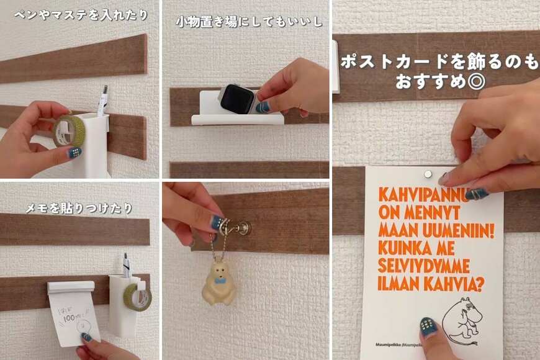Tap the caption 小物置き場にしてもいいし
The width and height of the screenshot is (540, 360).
pyautogui.click(x=248, y=22)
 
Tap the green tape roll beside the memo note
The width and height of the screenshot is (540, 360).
pyautogui.click(x=140, y=297)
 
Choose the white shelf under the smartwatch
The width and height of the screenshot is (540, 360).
pyautogui.click(x=236, y=119)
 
